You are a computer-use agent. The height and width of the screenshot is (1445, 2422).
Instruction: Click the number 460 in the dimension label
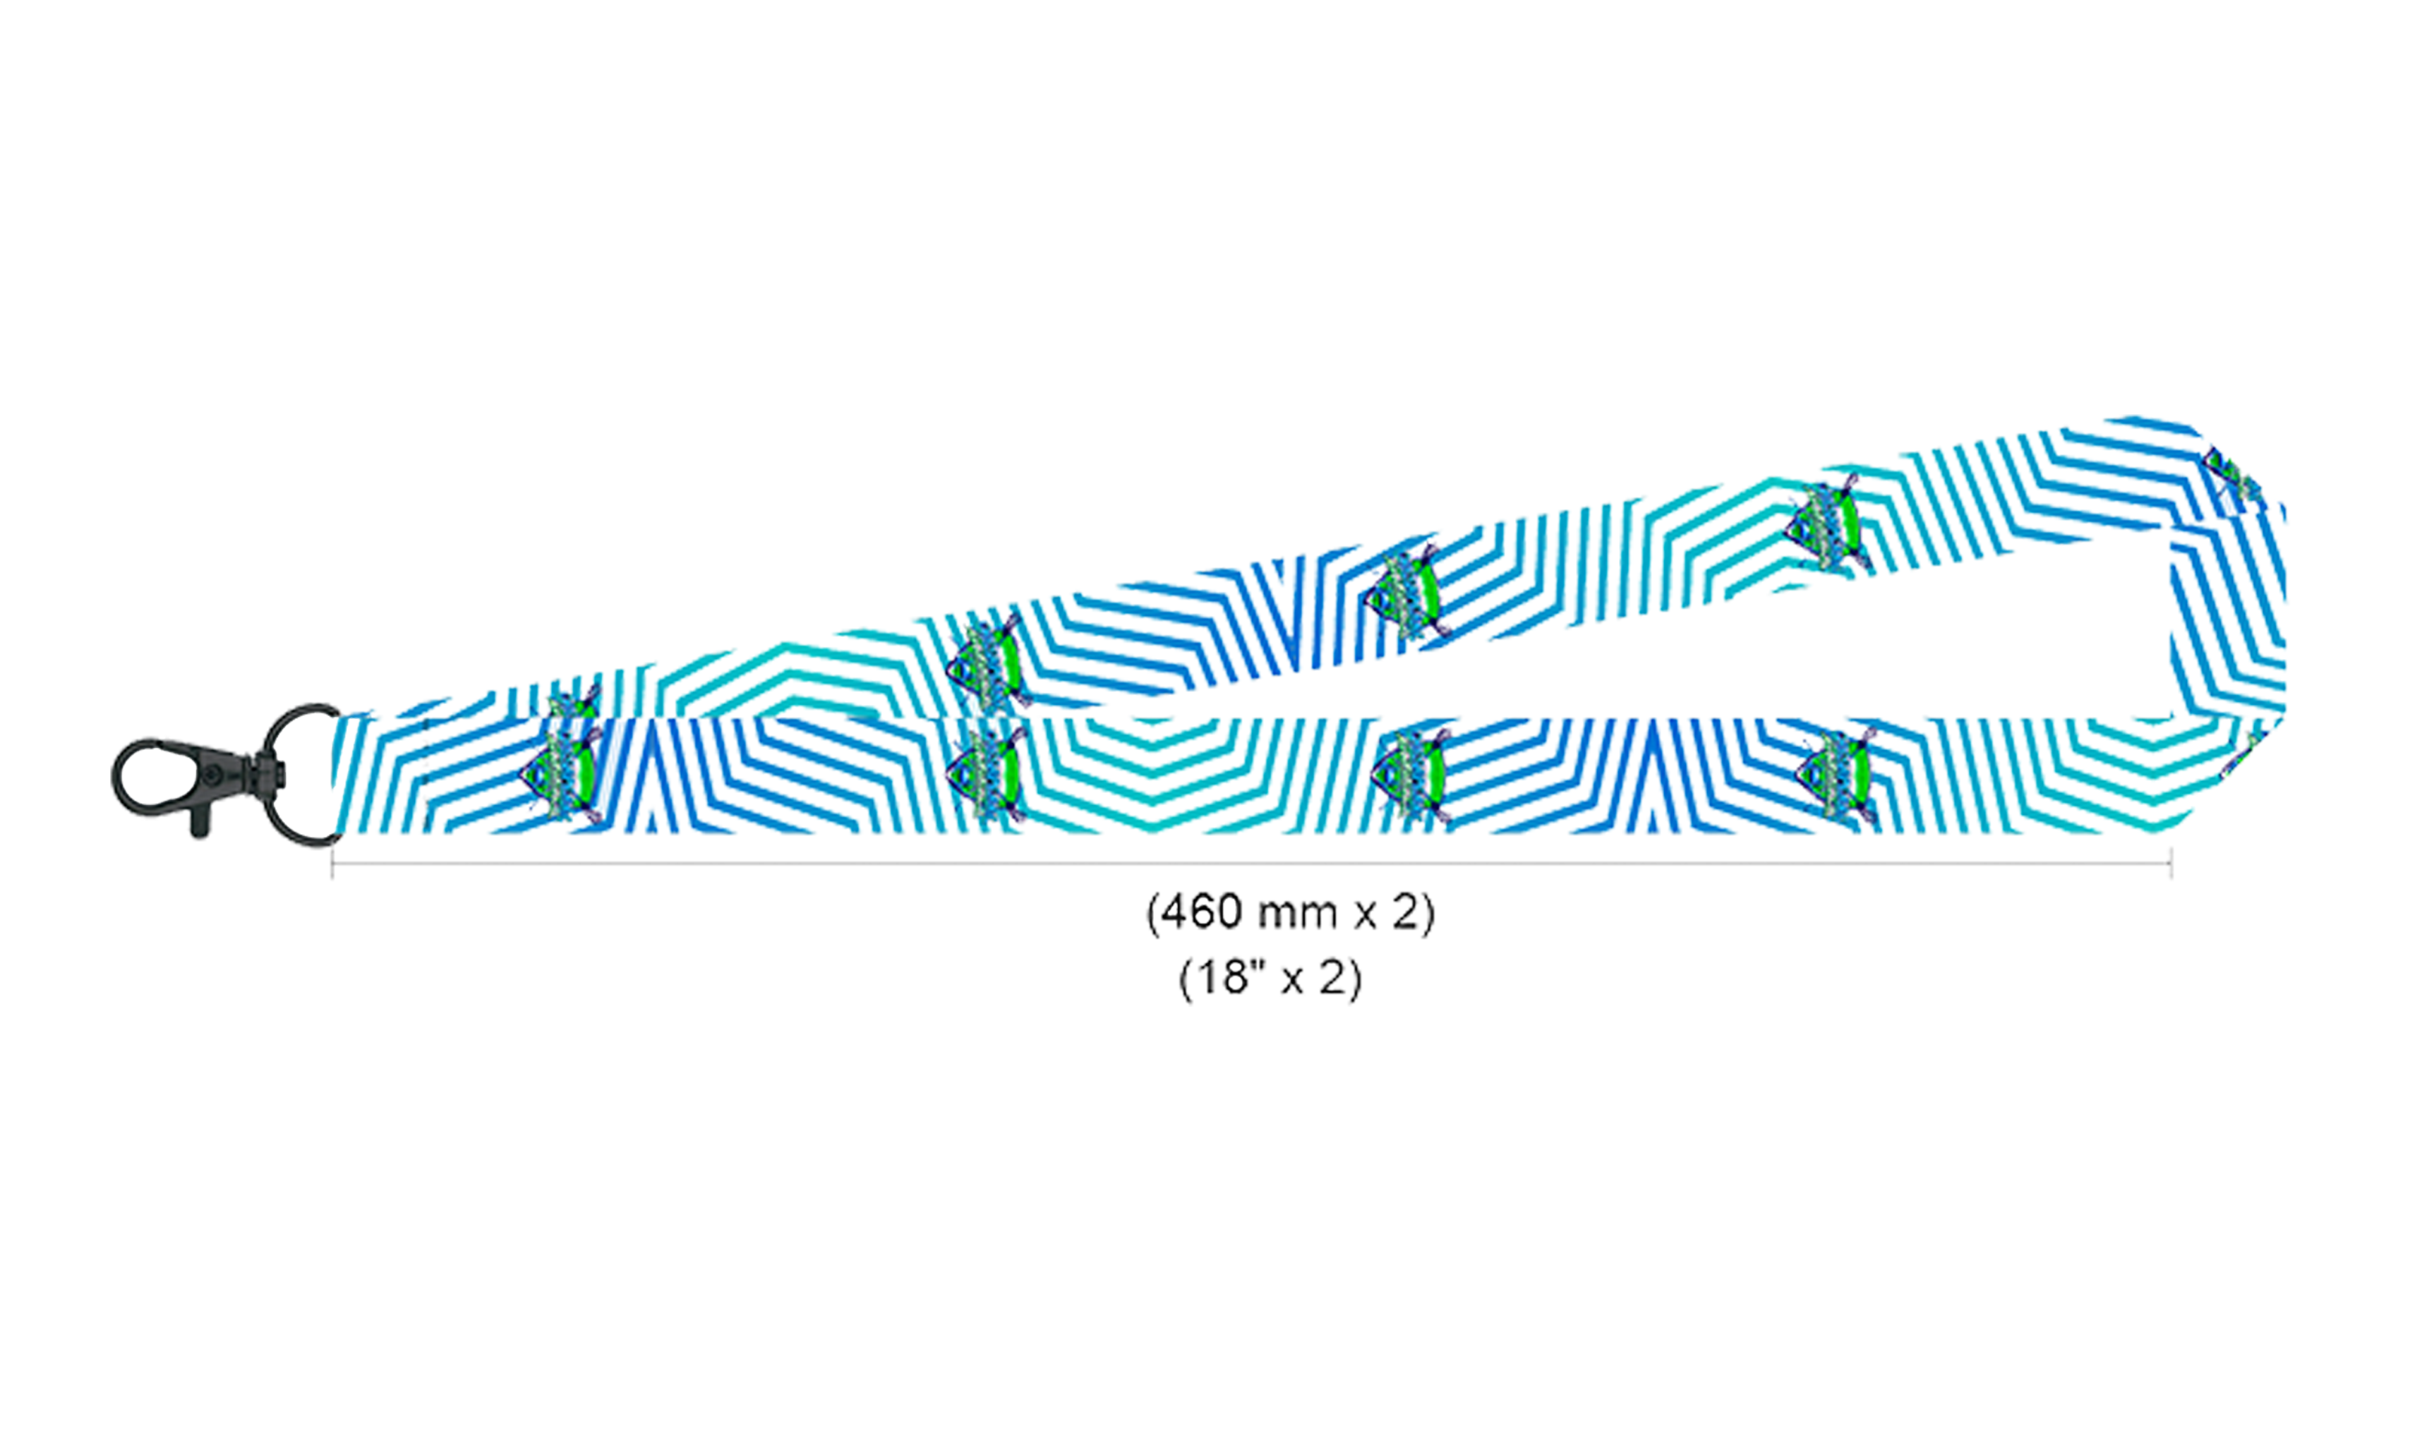tap(1202, 912)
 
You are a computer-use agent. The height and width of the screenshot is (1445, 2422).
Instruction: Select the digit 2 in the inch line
tap(1332, 978)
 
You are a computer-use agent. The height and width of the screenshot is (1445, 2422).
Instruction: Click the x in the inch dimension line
tap(1292, 981)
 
